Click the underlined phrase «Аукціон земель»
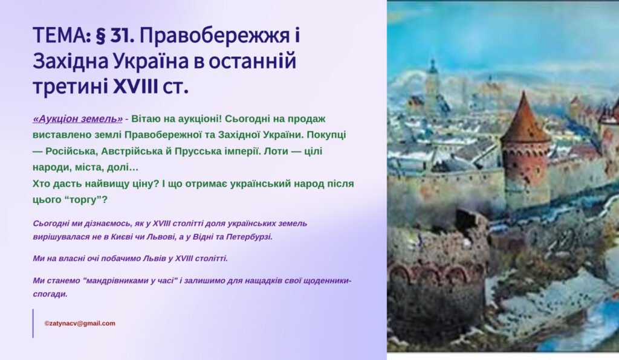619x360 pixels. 77,119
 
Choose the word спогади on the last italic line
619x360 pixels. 50,294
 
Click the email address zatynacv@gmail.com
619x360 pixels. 80,323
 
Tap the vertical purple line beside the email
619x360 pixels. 33,323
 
